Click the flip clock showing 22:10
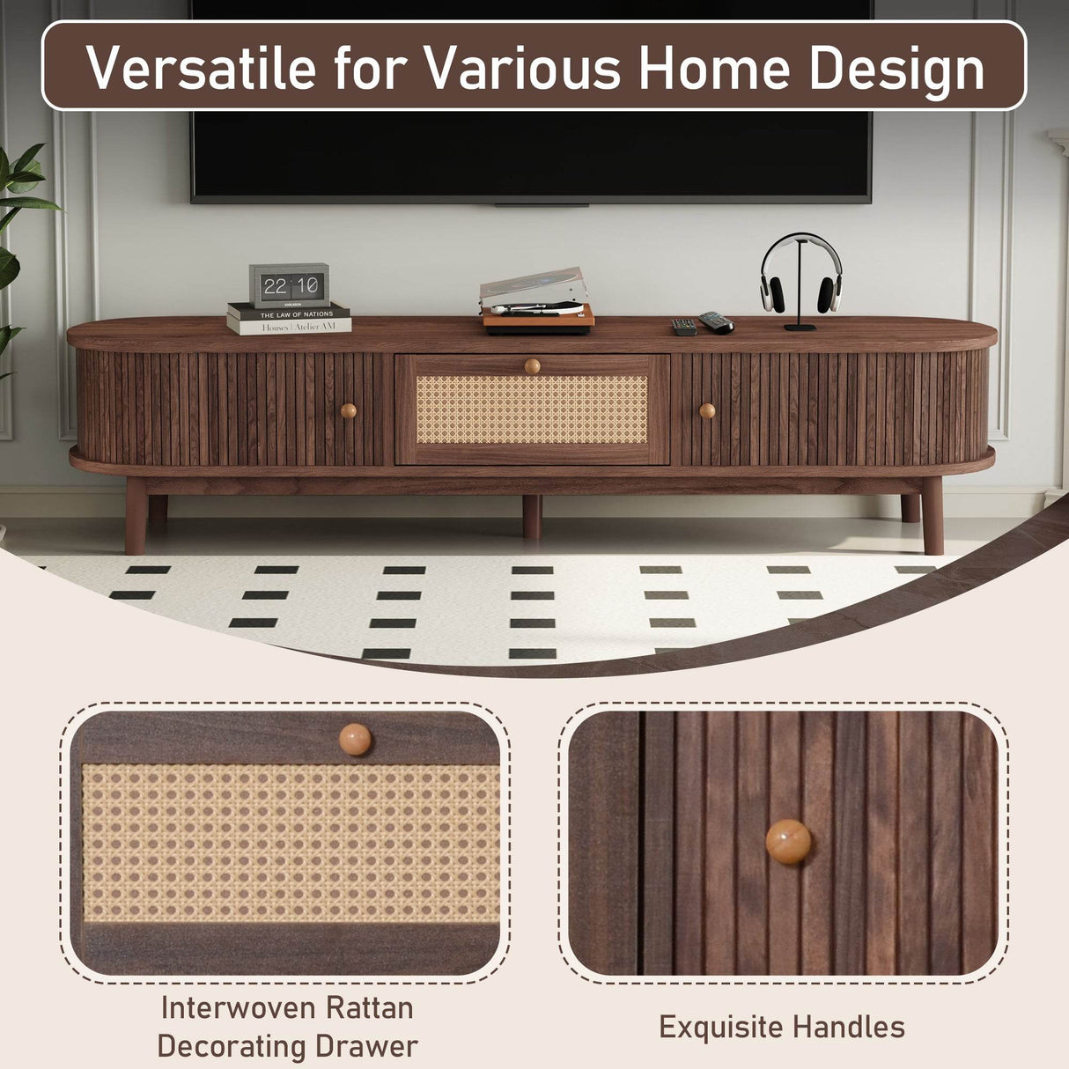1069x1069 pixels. [x=289, y=285]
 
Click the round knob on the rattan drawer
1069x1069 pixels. [x=532, y=365]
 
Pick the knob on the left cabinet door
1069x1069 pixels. [x=349, y=410]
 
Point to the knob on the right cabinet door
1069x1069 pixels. [x=707, y=410]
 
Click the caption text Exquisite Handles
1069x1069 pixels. [x=782, y=1027]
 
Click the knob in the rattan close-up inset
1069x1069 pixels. [x=356, y=739]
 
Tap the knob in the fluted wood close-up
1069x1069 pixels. [x=788, y=842]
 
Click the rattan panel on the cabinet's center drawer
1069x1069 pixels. [x=532, y=409]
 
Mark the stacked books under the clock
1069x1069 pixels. [x=289, y=319]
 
